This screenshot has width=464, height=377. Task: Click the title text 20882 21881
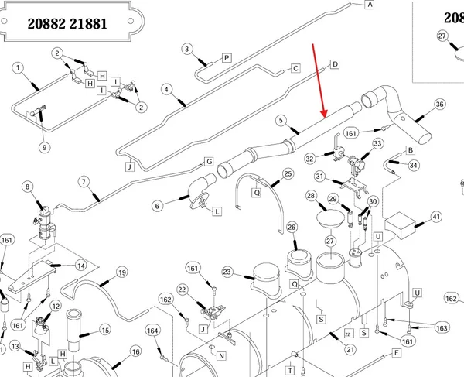tap(67, 23)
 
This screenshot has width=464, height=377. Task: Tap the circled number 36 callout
tap(439, 105)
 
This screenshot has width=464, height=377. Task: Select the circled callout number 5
tap(281, 121)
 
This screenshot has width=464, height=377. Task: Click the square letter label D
tap(335, 64)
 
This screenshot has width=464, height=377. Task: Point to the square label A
tap(370, 5)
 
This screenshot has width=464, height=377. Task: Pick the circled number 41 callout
tap(436, 217)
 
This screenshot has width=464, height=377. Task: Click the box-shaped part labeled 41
tap(400, 225)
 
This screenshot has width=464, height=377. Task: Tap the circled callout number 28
tap(311, 196)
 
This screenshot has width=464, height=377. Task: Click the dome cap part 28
tap(330, 218)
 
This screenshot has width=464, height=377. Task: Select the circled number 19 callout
tap(122, 272)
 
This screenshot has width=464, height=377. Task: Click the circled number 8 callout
tap(28, 187)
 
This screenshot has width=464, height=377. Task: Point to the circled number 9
tap(44, 147)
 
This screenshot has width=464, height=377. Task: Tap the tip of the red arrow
tap(325, 117)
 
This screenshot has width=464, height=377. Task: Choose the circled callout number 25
tap(288, 173)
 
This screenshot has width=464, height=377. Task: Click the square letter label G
tap(209, 162)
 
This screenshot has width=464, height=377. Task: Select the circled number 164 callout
tap(152, 331)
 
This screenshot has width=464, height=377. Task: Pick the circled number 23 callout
tap(227, 272)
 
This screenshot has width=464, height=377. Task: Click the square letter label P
tap(227, 58)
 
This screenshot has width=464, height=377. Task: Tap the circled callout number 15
tap(105, 330)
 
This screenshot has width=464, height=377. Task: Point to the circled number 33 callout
tap(377, 144)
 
